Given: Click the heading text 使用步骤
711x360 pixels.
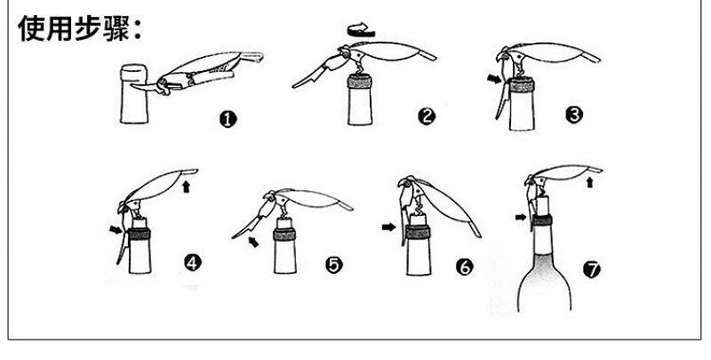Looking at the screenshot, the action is click(75, 28).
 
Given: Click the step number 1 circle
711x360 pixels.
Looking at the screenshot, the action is click(228, 119).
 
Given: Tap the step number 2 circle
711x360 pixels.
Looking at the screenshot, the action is click(427, 116).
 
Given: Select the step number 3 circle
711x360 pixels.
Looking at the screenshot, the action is click(573, 115).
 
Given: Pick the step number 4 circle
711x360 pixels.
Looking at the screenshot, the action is click(192, 262).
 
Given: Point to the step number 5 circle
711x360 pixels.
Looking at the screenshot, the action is click(334, 265).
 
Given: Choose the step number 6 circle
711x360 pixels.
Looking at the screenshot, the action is click(464, 267).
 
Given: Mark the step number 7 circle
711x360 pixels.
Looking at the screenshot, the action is click(592, 270).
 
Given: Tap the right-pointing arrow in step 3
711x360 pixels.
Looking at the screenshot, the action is click(495, 79).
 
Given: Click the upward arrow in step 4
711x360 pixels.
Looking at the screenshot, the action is click(186, 187).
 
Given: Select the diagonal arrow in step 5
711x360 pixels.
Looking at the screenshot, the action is click(253, 242).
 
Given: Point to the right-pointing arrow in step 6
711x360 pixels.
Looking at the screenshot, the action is click(388, 227).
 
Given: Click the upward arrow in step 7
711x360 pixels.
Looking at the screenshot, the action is click(589, 182).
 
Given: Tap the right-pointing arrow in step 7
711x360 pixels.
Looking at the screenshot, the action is click(521, 218).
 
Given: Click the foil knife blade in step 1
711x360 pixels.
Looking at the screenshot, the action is click(143, 86).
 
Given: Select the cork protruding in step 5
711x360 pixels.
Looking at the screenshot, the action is click(284, 223).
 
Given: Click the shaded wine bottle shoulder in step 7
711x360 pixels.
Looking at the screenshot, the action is click(544, 281).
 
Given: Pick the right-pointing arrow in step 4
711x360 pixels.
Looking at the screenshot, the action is click(116, 230).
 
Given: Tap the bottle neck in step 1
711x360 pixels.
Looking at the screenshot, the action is click(134, 94).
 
